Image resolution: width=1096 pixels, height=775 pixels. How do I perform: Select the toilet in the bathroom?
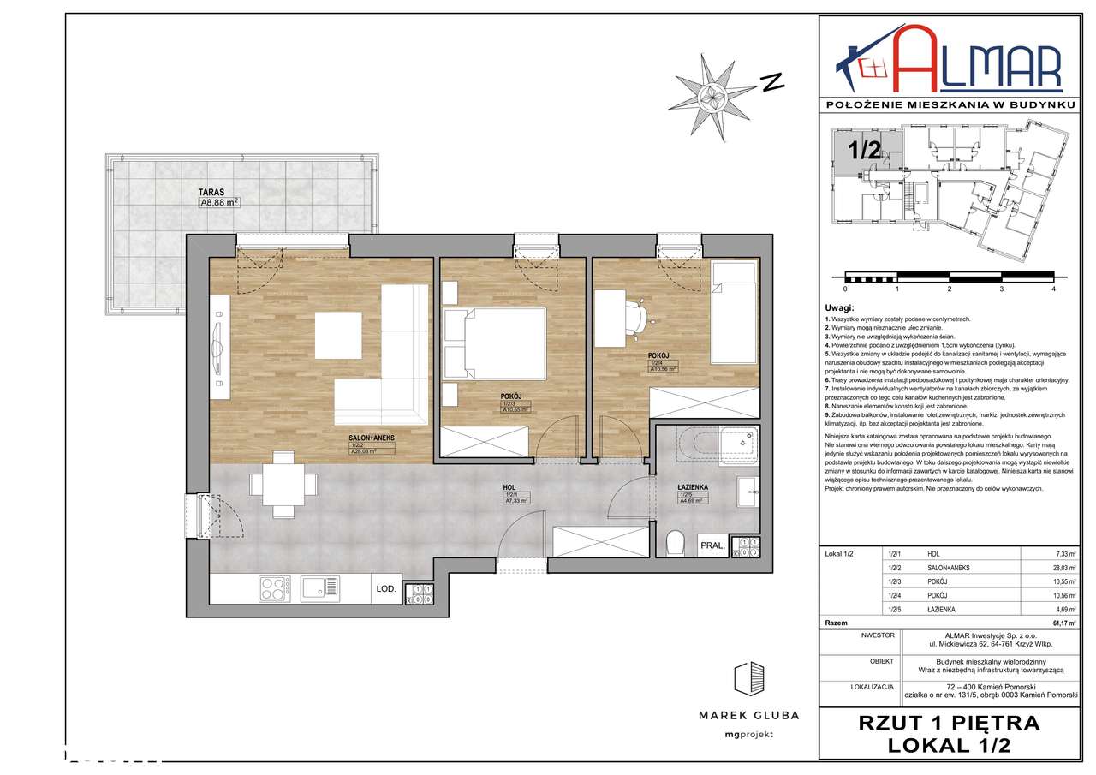(x=675, y=543)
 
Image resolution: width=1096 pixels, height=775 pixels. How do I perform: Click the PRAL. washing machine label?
(x=712, y=545)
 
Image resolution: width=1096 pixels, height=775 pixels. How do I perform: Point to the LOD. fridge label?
(x=385, y=589)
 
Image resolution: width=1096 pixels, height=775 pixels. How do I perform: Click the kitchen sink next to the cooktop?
(x=319, y=587)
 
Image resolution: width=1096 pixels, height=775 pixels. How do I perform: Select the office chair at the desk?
(x=637, y=316)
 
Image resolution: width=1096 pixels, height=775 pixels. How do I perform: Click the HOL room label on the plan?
(x=511, y=487)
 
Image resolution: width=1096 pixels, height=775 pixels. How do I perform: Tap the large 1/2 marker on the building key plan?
(x=864, y=150)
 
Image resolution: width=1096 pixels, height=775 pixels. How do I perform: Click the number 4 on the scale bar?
(x=1053, y=289)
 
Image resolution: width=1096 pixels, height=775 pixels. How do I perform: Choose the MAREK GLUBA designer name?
(x=748, y=715)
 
